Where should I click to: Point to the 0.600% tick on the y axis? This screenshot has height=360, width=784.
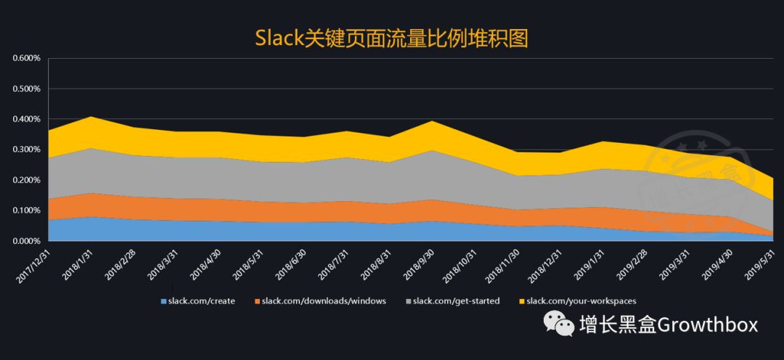coord(26,59)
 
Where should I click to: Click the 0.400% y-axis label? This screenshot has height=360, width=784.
coord(26,119)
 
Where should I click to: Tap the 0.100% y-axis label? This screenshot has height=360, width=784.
coord(26,210)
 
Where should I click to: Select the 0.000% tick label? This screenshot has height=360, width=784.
coord(26,241)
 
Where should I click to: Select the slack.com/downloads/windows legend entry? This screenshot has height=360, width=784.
coord(324,300)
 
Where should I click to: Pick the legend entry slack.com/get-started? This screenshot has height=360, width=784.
coord(456,300)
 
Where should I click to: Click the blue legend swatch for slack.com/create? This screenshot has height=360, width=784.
coord(163,300)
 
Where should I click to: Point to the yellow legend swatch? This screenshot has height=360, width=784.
coord(521,300)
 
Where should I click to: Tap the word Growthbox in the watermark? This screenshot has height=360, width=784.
coord(707,324)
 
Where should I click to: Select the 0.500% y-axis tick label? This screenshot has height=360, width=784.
coord(26,89)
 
